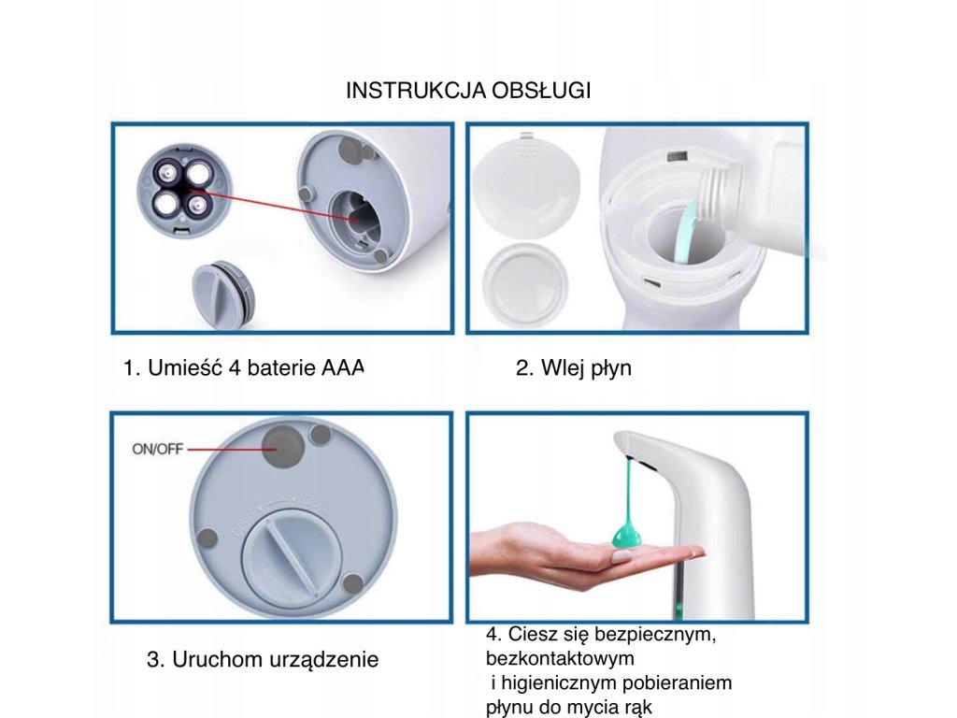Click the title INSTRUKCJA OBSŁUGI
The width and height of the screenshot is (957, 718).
point(468,91)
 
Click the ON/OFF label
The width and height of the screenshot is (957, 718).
point(157,449)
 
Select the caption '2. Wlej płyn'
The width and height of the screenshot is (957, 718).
point(573,368)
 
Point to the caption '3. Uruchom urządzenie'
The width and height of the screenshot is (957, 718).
point(263,659)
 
